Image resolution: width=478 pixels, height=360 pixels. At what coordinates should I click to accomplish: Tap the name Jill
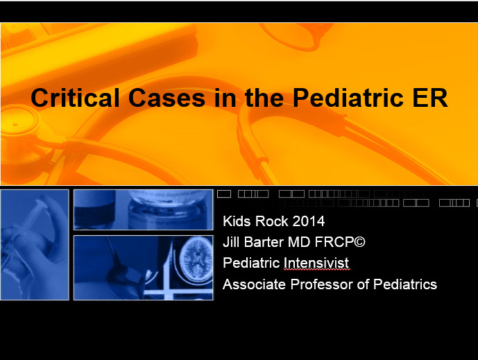pyautogui.click(x=232, y=243)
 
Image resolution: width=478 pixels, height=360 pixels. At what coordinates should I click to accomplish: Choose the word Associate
pyautogui.click(x=252, y=284)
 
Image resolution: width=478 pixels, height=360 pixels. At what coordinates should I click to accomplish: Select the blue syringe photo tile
pyautogui.click(x=35, y=244)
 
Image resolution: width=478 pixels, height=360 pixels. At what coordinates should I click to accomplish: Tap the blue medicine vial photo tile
pyautogui.click(x=143, y=209)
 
